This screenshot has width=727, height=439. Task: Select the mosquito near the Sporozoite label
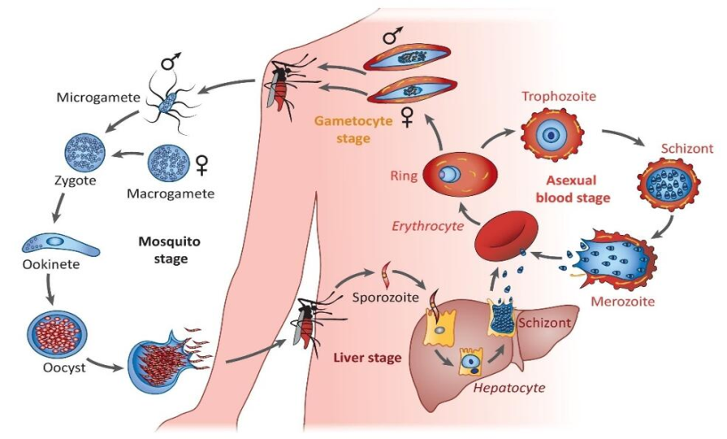point(307,319)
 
